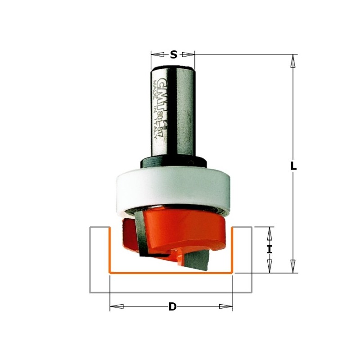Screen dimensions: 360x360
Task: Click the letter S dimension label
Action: pos(173,55)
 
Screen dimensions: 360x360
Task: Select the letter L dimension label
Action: pos(293,166)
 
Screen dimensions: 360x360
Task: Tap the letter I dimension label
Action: pos(270,249)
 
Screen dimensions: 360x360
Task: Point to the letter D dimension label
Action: pos(172,307)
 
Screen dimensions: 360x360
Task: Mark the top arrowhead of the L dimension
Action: pos(293,61)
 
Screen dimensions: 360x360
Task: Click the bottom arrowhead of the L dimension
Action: pos(293,266)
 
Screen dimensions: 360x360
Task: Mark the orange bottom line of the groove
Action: pos(171,273)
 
